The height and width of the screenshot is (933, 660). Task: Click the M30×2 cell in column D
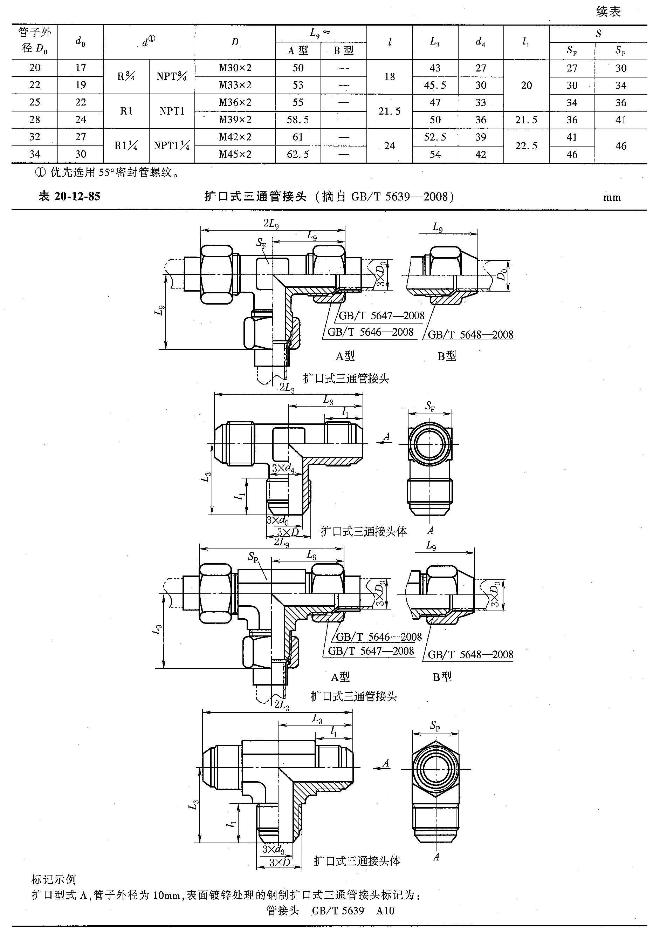pos(235,68)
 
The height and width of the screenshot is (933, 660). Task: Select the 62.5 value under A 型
pos(298,155)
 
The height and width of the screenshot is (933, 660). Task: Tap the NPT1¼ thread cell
pos(172,145)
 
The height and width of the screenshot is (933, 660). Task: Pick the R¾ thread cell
pos(126,76)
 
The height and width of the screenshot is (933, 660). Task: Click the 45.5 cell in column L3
pos(435,86)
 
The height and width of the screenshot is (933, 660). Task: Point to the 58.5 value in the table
pos(298,120)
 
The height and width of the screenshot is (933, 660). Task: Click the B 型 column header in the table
pos(343,51)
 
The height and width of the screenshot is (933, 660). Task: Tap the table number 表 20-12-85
pos(69,196)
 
